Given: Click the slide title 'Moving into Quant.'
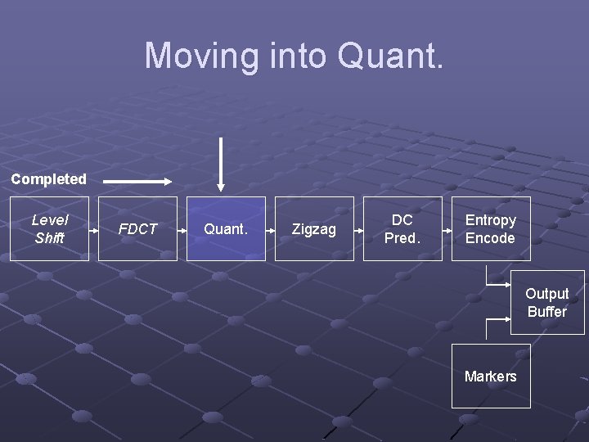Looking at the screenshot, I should coord(294,56).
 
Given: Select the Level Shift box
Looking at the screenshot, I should coord(49,228).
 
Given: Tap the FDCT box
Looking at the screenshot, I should coord(137,228).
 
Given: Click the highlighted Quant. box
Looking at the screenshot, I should coord(226,228).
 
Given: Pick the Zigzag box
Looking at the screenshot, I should coord(314,228).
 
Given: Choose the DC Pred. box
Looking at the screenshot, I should coord(402,228).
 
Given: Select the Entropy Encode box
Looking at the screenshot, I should coord(491,228).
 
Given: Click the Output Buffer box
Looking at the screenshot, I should coord(547,302).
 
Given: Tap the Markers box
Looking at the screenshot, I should coord(491,376).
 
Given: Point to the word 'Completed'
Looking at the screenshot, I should coord(48,179).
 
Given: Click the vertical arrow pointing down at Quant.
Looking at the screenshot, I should coord(220,164).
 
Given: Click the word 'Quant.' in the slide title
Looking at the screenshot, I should coord(390,56).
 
